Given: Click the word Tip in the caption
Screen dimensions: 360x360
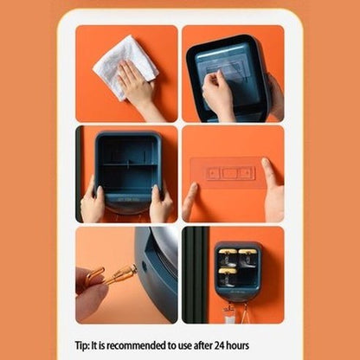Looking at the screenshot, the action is pyautogui.click(x=82, y=345).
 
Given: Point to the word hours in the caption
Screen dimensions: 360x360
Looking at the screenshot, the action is pyautogui.click(x=239, y=345).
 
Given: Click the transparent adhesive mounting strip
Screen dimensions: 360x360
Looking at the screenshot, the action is pyautogui.click(x=228, y=173).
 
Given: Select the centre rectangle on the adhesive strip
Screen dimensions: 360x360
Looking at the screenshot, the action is pyautogui.click(x=230, y=173).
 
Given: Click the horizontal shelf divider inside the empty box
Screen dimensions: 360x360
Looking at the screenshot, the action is pyautogui.click(x=131, y=165).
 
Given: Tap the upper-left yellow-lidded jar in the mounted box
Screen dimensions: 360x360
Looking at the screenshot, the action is pyautogui.click(x=228, y=258).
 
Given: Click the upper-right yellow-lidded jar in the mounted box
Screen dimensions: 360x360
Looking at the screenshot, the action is pyautogui.click(x=248, y=258).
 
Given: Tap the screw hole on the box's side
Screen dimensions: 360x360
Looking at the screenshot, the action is pyautogui.click(x=145, y=267).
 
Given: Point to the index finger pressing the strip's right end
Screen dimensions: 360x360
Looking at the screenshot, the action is pyautogui.click(x=271, y=173).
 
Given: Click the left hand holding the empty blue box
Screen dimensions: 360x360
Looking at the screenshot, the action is pyautogui.click(x=93, y=202).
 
